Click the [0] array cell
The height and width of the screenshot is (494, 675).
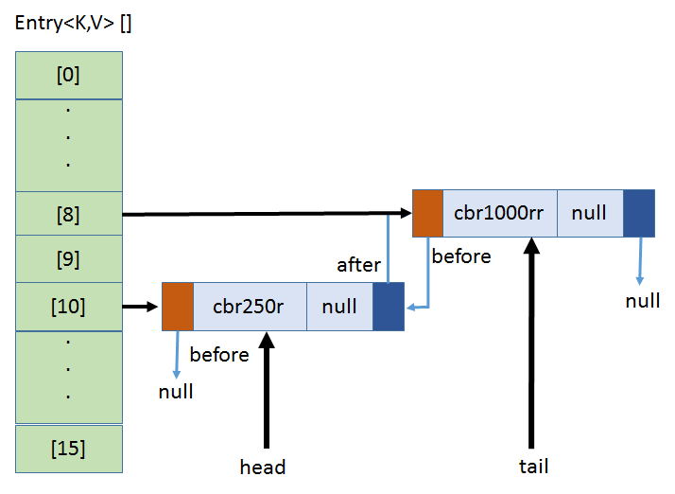click(68, 75)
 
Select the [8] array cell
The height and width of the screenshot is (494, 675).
click(68, 215)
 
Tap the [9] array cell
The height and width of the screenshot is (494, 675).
click(68, 259)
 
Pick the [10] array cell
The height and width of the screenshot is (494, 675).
click(68, 306)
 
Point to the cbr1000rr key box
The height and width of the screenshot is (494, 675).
click(499, 213)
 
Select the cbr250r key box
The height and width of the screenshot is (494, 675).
click(250, 307)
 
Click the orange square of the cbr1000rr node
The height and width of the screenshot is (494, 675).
click(427, 213)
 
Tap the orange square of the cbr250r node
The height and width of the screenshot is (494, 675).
click(178, 307)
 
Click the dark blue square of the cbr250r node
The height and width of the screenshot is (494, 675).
click(389, 307)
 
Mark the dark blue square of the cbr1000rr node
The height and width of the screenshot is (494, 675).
click(639, 213)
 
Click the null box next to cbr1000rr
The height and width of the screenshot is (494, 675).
click(590, 213)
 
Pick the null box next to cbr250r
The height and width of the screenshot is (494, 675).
click(339, 307)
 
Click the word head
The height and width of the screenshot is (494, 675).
click(263, 467)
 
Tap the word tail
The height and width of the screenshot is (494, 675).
click(533, 466)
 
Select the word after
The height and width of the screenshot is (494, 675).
click(358, 265)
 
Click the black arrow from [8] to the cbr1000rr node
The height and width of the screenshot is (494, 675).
click(265, 215)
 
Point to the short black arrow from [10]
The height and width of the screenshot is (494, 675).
click(140, 307)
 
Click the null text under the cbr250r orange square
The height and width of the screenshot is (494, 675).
click(176, 391)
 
